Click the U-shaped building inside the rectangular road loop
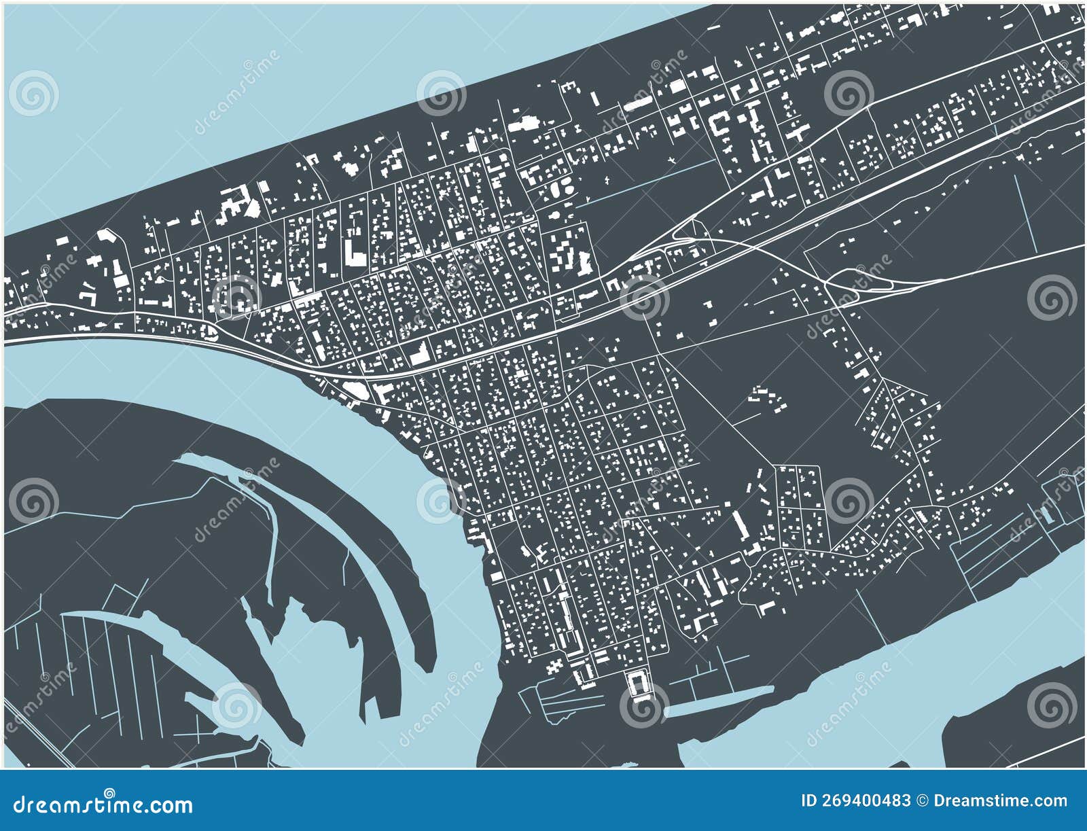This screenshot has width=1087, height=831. point(637,682)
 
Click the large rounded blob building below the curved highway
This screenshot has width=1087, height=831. point(355,389)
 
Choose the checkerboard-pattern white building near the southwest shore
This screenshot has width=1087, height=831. point(556,664)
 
